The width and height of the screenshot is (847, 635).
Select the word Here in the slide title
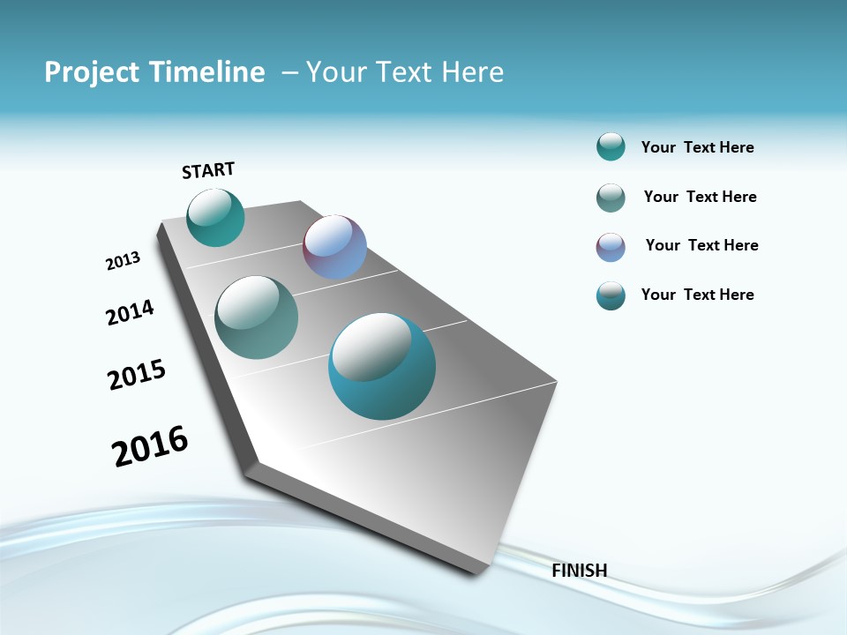pyautogui.click(x=472, y=72)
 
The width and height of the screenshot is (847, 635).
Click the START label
pyautogui.click(x=208, y=170)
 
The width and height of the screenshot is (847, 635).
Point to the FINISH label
pyautogui.click(x=579, y=571)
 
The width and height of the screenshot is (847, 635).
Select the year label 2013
pyautogui.click(x=123, y=261)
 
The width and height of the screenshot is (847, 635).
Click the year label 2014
pyautogui.click(x=130, y=312)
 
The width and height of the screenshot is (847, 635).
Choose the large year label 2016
pyautogui.click(x=150, y=446)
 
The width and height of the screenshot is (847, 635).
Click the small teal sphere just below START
pyautogui.click(x=215, y=218)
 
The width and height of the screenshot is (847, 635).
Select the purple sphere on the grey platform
pyautogui.click(x=334, y=247)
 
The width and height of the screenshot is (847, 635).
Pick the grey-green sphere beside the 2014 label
pyautogui.click(x=257, y=317)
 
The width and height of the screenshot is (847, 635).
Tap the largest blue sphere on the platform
pyautogui.click(x=382, y=366)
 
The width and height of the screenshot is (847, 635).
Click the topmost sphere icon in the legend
pyautogui.click(x=611, y=146)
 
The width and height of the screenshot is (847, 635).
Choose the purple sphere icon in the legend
pyautogui.click(x=611, y=247)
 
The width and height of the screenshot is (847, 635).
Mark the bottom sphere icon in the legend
pyautogui.click(x=611, y=295)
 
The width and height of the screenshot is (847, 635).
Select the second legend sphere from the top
pyautogui.click(x=611, y=198)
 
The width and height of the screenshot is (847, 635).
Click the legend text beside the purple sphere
pyautogui.click(x=701, y=245)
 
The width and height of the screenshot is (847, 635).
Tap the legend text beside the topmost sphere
pyautogui.click(x=697, y=147)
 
